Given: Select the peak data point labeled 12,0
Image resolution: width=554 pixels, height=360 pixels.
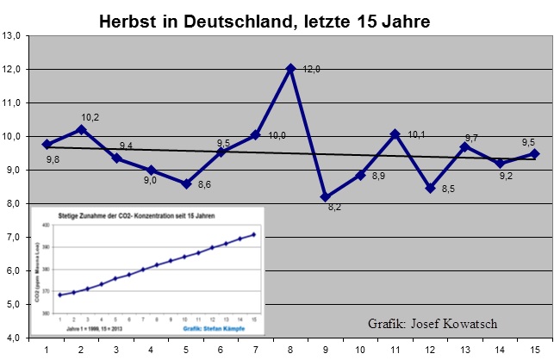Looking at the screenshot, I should pyautogui.click(x=291, y=68).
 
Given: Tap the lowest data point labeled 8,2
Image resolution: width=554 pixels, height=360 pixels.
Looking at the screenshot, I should pyautogui.click(x=326, y=197).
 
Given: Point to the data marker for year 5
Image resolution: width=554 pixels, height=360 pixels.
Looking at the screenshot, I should pyautogui.click(x=186, y=183).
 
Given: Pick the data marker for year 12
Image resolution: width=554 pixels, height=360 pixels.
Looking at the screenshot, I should pyautogui.click(x=430, y=187).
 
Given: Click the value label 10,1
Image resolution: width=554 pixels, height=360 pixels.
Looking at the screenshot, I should pyautogui.click(x=417, y=134).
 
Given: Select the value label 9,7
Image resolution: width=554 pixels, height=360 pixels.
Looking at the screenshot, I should pyautogui.click(x=472, y=138).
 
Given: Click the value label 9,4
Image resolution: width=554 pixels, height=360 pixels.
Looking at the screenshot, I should pyautogui.click(x=127, y=146).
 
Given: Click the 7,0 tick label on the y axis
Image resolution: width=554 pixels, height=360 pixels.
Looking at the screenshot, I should pyautogui.click(x=15, y=237).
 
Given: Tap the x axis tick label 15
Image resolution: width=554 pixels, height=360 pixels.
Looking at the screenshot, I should pyautogui.click(x=535, y=349).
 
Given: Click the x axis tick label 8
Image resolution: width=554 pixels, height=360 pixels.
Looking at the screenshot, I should pyautogui.click(x=291, y=349).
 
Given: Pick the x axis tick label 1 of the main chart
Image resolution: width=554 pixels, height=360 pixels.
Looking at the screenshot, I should pyautogui.click(x=47, y=349).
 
